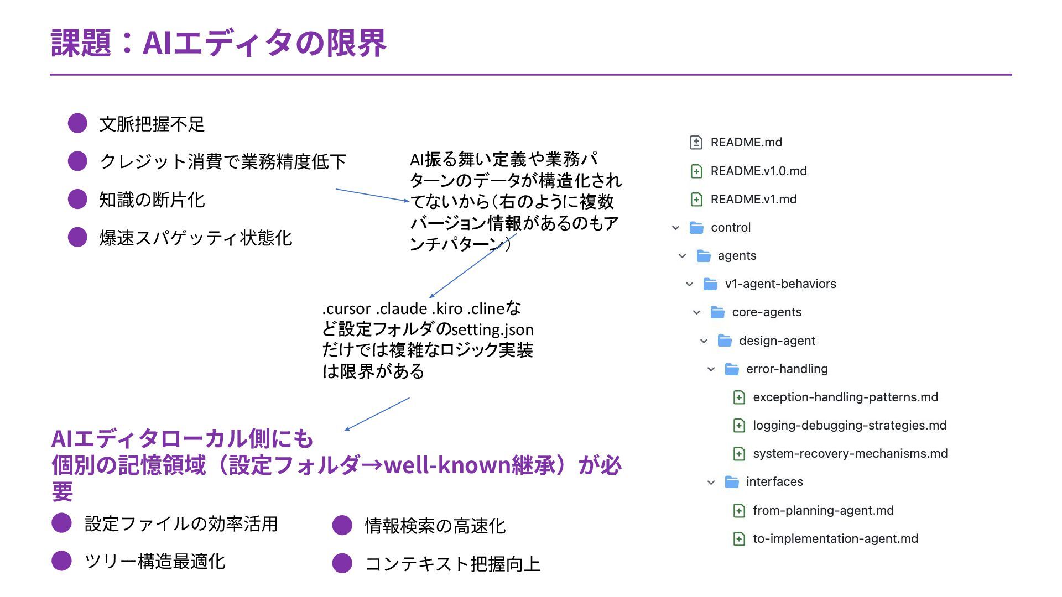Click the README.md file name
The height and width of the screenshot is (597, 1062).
click(x=746, y=143)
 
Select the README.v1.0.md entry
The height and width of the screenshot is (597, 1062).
click(x=758, y=171)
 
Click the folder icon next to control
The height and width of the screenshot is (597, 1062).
click(x=696, y=228)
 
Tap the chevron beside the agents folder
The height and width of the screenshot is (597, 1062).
click(x=683, y=256)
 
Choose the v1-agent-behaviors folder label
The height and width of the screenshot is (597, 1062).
click(x=780, y=284)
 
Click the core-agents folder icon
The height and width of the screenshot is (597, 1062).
click(x=717, y=312)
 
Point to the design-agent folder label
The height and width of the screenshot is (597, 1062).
click(x=777, y=341)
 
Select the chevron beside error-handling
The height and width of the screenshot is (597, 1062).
click(x=711, y=369)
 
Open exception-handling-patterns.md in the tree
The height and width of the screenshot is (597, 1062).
click(x=845, y=397)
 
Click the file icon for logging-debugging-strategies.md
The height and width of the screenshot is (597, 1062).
click(x=739, y=426)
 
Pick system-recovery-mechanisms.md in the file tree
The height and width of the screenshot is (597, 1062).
click(x=850, y=454)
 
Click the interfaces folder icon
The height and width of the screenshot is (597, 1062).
click(x=732, y=482)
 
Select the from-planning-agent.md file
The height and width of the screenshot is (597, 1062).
click(x=823, y=511)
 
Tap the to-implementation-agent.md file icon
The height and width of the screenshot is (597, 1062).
click(x=739, y=539)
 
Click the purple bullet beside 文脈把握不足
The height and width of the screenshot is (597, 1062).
click(x=77, y=123)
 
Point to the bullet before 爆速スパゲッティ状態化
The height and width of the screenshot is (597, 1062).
click(x=77, y=237)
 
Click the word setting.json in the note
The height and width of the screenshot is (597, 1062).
click(x=492, y=330)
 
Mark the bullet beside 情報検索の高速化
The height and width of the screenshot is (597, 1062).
click(x=342, y=525)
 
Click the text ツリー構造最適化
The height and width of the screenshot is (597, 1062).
click(x=155, y=562)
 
